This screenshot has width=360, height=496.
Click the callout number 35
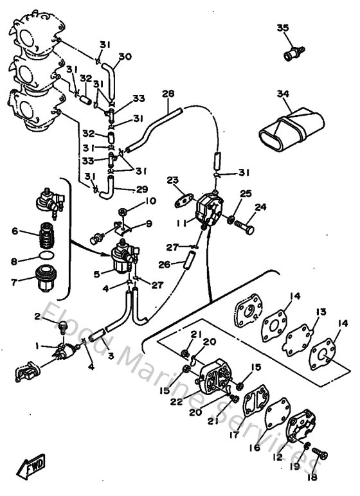tap(283, 28)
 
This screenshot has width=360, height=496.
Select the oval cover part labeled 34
tap(285, 128)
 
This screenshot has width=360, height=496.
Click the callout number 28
tap(168, 94)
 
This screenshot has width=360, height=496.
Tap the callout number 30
tap(125, 57)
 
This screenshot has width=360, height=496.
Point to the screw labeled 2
tap(63, 327)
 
